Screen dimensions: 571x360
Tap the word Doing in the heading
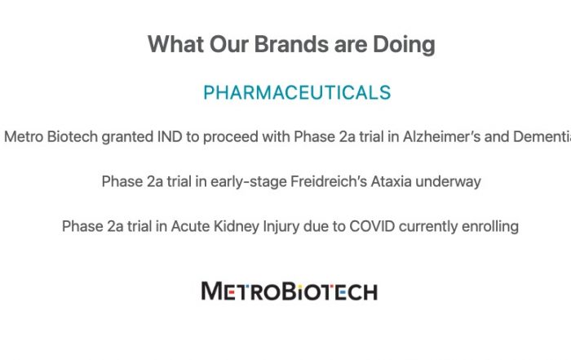click(x=404, y=45)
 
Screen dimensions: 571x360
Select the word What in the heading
click(x=175, y=44)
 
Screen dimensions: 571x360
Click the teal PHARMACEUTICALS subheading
click(x=297, y=92)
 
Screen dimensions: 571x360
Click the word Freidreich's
click(x=329, y=181)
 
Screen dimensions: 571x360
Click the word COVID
click(x=372, y=226)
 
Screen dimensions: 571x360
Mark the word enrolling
click(x=490, y=227)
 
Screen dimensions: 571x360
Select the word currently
click(x=428, y=227)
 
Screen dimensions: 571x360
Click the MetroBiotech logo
click(x=290, y=291)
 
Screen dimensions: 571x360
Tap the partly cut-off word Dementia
click(x=542, y=137)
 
